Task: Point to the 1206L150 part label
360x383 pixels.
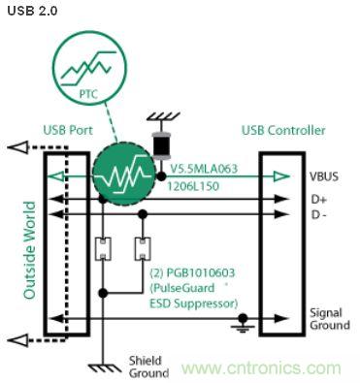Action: [x=192, y=179]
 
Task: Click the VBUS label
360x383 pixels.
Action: [x=323, y=177]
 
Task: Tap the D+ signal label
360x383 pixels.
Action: [x=319, y=200]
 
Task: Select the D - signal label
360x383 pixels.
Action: [x=320, y=213]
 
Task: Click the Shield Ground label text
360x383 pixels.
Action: [x=148, y=366]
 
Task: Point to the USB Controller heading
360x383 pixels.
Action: [x=283, y=131]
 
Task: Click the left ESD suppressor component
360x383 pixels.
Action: [x=100, y=251]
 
